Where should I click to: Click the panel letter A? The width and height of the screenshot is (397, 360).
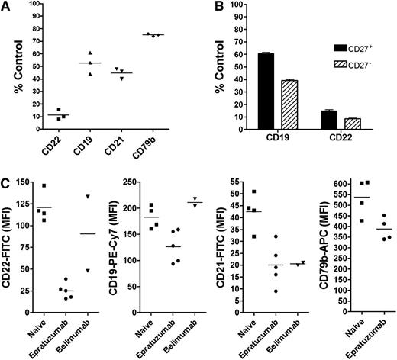pos(6,7)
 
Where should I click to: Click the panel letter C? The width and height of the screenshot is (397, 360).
pos(6,182)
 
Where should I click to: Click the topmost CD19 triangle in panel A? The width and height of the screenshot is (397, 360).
pos(92,50)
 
